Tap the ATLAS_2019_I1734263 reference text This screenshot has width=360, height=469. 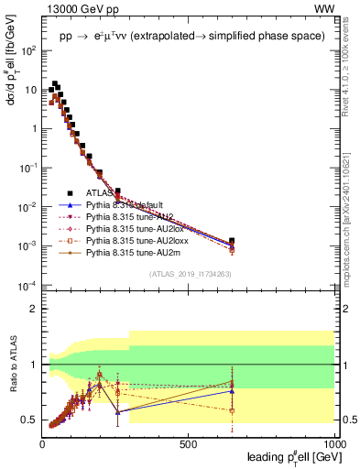[x=190, y=274]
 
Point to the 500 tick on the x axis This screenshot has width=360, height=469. [x=189, y=443]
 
